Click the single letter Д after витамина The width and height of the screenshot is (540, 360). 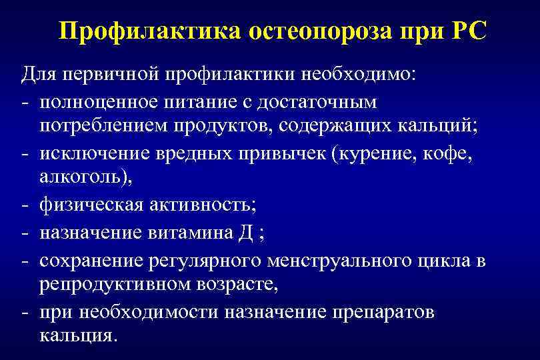241,233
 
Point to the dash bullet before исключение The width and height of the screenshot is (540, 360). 25,154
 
